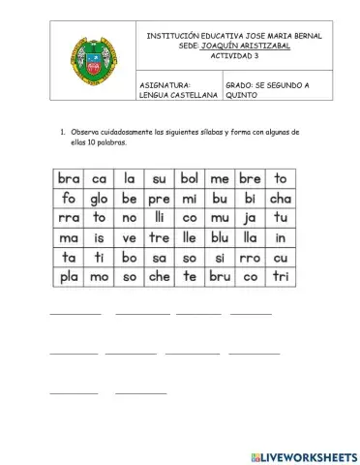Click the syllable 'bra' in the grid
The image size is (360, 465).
point(69,178)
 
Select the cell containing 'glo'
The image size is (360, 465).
point(99,199)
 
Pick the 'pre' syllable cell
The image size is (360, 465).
point(159,199)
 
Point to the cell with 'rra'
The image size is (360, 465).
point(69,218)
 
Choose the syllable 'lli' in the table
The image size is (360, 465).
point(159,218)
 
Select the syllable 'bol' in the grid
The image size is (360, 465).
point(189,178)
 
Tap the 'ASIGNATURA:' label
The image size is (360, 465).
point(162,85)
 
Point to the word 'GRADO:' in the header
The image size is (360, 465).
point(240,85)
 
